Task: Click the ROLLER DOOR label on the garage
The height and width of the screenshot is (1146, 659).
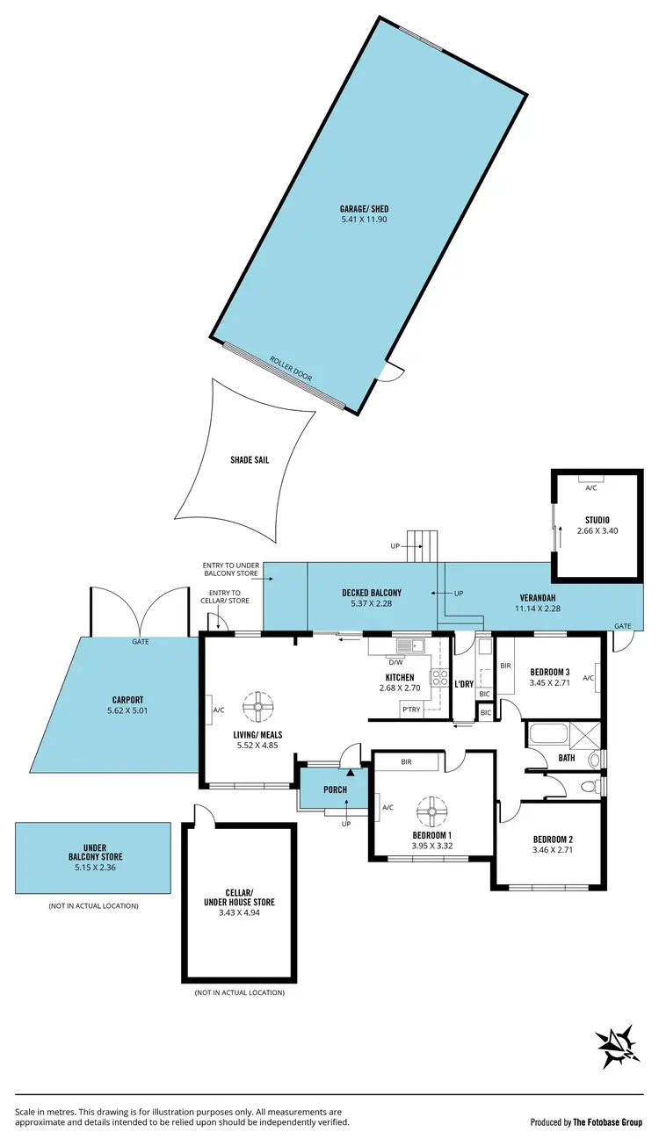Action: (x=291, y=370)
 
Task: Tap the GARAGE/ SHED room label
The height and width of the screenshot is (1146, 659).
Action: (x=364, y=209)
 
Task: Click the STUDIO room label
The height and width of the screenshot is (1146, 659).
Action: (x=597, y=520)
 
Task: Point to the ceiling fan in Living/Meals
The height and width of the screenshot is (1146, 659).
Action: (x=259, y=705)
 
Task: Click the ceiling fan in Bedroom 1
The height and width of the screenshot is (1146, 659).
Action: (x=432, y=810)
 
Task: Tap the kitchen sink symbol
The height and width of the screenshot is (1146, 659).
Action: (x=409, y=647)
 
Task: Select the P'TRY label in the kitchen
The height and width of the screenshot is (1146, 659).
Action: (x=410, y=709)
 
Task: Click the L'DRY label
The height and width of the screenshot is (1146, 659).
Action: (x=464, y=684)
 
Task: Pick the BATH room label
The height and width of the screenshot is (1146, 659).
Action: (x=568, y=757)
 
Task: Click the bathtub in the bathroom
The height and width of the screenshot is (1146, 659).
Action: (x=547, y=733)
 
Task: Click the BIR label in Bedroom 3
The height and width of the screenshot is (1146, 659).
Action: (x=504, y=667)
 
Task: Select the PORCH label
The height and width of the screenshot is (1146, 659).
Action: (x=335, y=789)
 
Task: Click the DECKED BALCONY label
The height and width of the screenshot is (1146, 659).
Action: (x=372, y=593)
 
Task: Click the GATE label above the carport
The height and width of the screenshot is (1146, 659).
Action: (x=140, y=642)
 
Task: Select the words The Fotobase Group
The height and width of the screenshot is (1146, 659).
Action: (x=610, y=1122)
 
